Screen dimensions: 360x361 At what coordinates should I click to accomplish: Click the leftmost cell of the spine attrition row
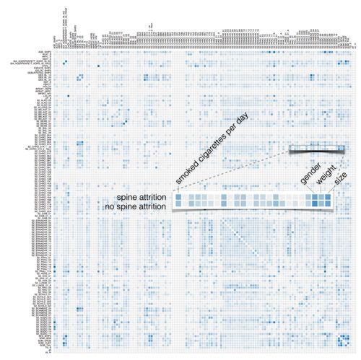pyautogui.click(x=178, y=198)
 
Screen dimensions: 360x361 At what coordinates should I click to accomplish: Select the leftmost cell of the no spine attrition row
pyautogui.click(x=178, y=207)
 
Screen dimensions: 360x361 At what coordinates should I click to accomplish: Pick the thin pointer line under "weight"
pyautogui.click(x=321, y=190)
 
